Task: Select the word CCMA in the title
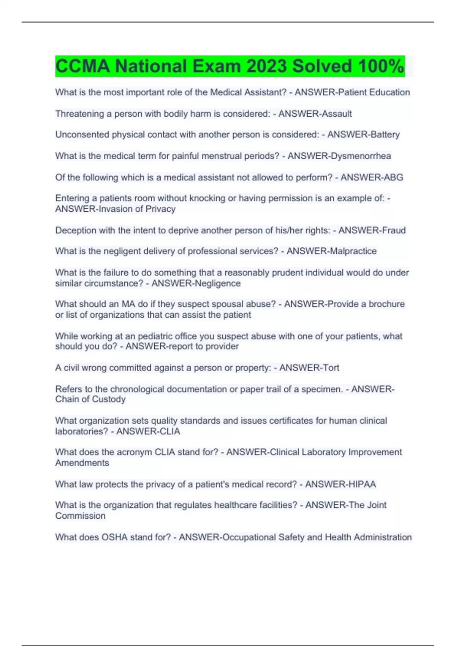pos(82,66)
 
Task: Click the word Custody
pos(111,399)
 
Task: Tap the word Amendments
pos(82,463)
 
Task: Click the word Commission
pos(80,516)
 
